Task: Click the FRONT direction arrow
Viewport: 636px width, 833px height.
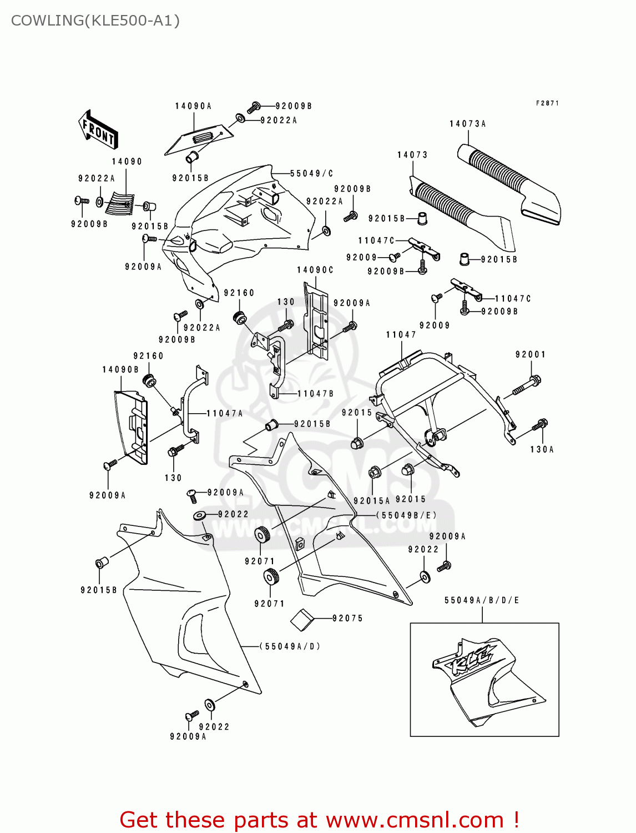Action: (98, 130)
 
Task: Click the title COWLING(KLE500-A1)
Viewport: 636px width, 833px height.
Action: (95, 21)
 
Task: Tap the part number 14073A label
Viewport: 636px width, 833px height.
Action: (467, 124)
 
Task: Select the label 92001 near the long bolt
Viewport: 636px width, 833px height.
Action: (530, 354)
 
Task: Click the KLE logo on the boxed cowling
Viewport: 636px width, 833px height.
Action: (471, 660)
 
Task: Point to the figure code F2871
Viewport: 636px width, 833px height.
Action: (547, 103)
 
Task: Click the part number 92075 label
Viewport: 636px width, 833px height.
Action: (347, 618)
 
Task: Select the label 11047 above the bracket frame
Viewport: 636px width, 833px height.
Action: (401, 334)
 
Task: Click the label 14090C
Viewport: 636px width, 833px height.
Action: (315, 270)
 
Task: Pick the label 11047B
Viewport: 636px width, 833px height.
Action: (315, 394)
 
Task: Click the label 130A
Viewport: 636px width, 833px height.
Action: (542, 449)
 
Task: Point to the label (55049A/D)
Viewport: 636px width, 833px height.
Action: (290, 646)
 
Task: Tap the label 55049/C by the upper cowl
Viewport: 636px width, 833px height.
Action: (311, 174)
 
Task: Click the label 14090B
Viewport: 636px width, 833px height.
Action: (120, 369)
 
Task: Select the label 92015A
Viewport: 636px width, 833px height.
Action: (371, 501)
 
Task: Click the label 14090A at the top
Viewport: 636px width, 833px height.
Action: (193, 106)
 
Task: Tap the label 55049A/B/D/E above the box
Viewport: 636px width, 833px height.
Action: (481, 600)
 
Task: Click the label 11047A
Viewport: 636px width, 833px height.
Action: (225, 413)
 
